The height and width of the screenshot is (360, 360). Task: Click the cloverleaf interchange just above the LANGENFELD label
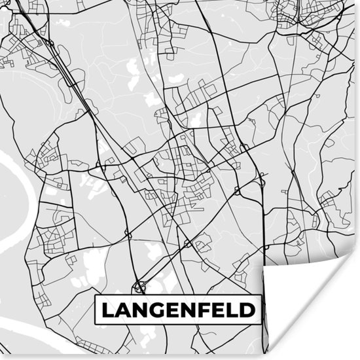[x=139, y=285]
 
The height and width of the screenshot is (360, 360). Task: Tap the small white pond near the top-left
[x=62, y=23]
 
